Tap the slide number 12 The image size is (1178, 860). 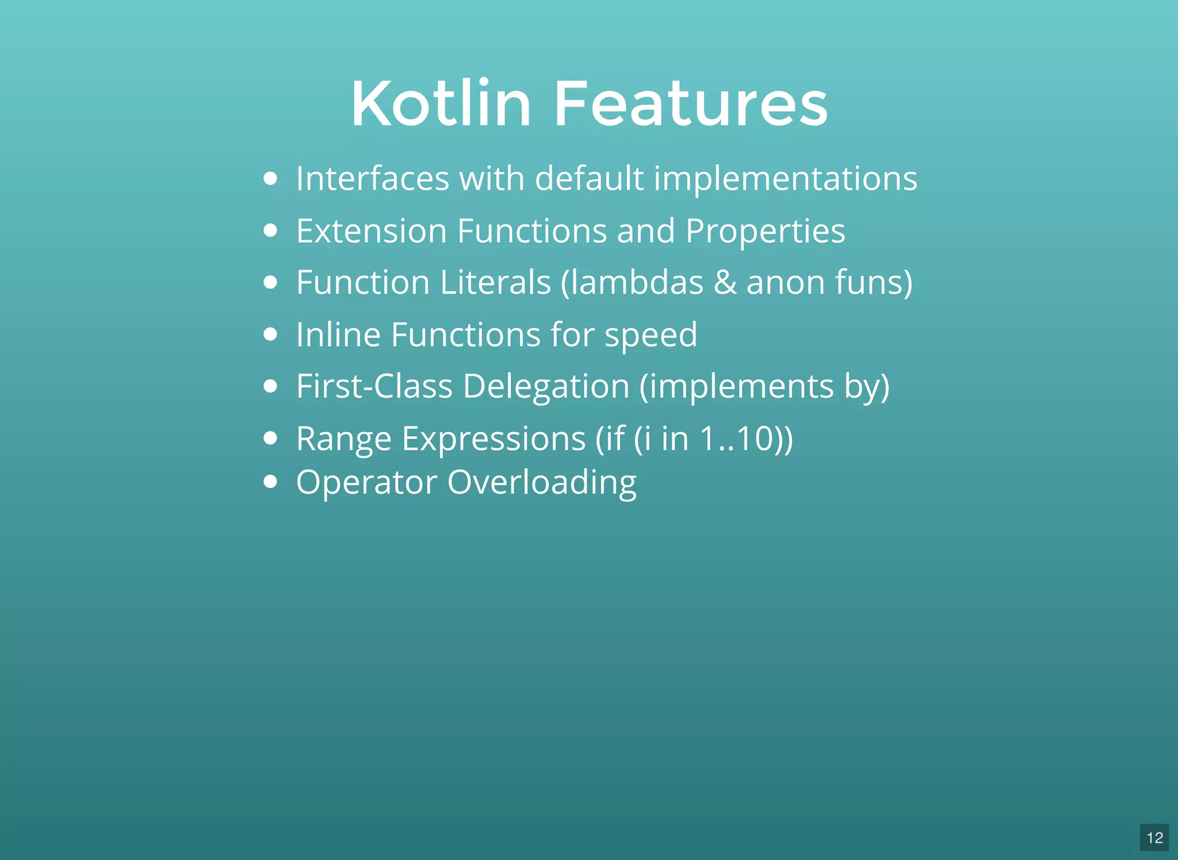click(x=1154, y=838)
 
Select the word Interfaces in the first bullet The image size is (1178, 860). click(x=372, y=178)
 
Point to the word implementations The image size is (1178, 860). click(x=785, y=178)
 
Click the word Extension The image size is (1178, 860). click(x=372, y=231)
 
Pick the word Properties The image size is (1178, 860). click(x=765, y=231)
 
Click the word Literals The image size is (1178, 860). click(x=495, y=283)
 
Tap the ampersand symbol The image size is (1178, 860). click(x=725, y=283)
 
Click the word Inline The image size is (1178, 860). click(x=338, y=334)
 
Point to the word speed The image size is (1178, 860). click(x=651, y=336)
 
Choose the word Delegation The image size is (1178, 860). click(x=546, y=386)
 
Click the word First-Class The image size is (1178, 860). click(x=374, y=386)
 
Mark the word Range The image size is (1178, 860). click(x=343, y=439)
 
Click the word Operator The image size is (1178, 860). click(x=366, y=482)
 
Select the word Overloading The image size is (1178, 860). click(x=542, y=482)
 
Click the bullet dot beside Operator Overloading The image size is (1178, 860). click(x=270, y=481)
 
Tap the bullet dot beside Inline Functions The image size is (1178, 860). click(x=270, y=334)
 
